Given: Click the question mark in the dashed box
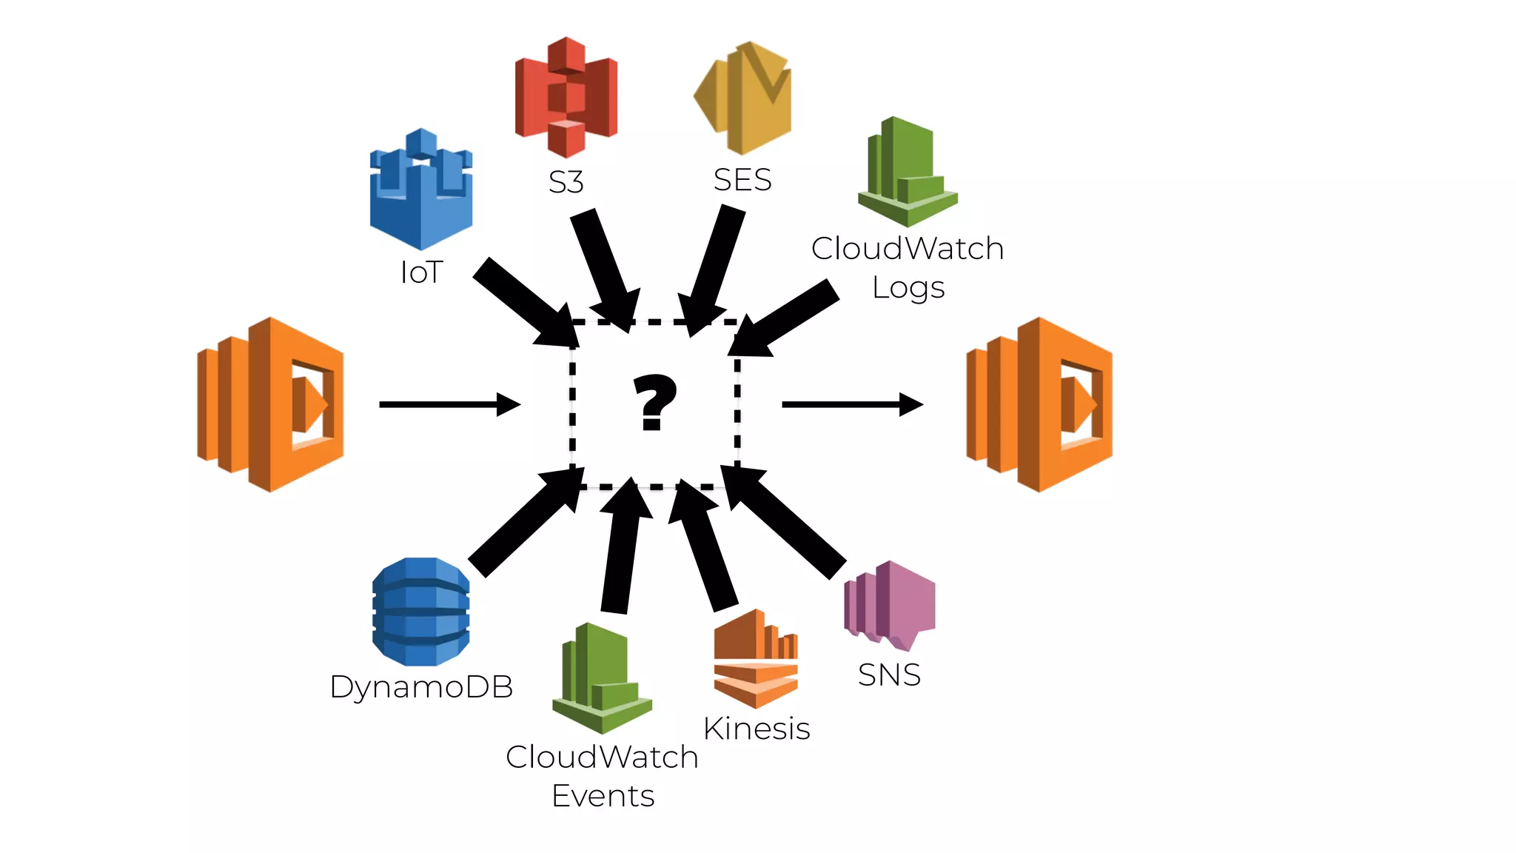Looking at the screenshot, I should [x=654, y=402].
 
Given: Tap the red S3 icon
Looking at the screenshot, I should [x=566, y=97].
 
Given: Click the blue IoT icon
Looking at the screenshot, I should [x=421, y=190].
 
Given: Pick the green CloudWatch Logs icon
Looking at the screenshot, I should [x=908, y=172].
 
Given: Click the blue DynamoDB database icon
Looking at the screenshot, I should [x=420, y=612].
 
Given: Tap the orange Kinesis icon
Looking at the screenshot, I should [x=756, y=658].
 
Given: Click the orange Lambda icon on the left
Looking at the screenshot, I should [x=271, y=404].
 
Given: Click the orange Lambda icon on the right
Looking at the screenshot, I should [x=1039, y=404].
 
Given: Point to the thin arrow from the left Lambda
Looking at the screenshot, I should [x=449, y=404].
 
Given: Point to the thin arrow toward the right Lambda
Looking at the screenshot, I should [x=851, y=404].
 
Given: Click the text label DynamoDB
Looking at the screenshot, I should [x=421, y=687].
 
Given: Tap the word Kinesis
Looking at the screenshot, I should [x=757, y=729].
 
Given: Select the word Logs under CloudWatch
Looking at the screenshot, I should [x=908, y=287].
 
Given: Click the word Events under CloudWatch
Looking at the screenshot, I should [x=603, y=796].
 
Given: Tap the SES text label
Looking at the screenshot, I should [x=742, y=180].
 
